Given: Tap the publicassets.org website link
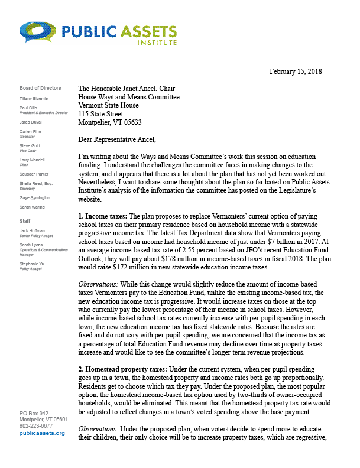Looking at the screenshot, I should point(42,433).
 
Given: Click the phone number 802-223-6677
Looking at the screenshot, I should point(36,425).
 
